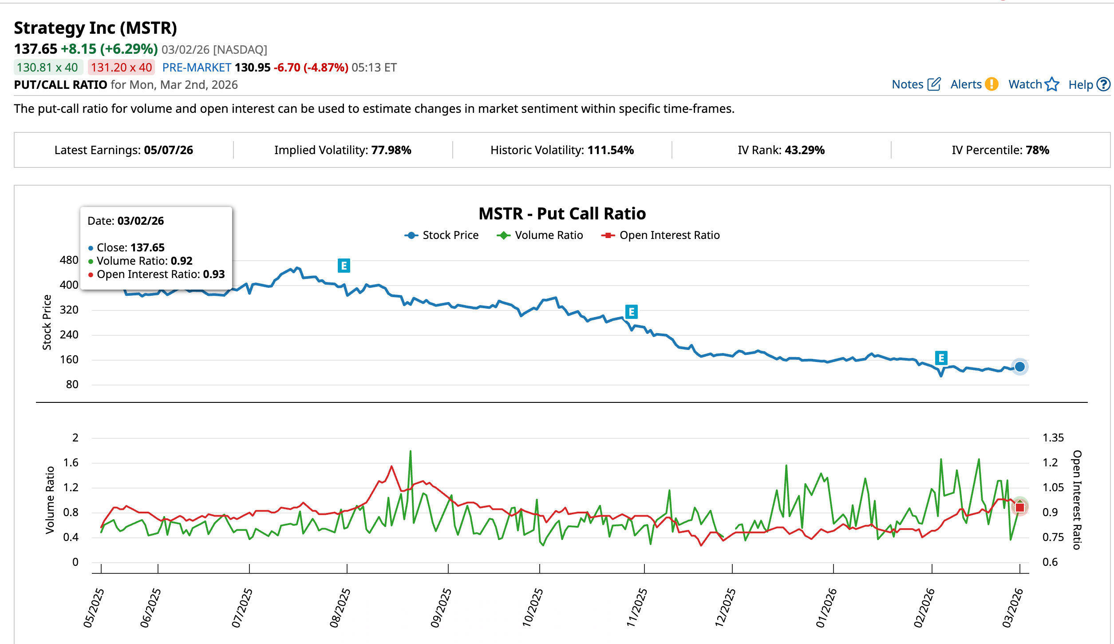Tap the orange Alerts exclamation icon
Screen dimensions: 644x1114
point(991,84)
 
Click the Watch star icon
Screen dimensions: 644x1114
point(1051,84)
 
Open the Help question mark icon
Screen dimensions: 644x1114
point(1103,84)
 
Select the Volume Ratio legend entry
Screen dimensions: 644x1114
point(540,235)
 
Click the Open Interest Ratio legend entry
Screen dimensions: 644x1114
point(660,235)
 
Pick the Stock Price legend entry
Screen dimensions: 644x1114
point(442,235)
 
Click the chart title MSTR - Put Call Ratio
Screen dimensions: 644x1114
point(562,214)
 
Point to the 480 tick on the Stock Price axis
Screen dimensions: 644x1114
point(69,260)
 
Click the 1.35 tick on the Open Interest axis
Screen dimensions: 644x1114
point(1053,438)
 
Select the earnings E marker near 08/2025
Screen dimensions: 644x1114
point(344,266)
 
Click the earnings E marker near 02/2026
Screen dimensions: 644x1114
point(941,358)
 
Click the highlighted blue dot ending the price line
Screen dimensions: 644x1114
point(1019,367)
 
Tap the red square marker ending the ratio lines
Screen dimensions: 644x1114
point(1019,507)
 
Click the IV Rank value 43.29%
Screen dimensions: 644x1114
point(804,150)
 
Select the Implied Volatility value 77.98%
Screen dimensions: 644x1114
point(391,150)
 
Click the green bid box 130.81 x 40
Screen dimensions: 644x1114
point(48,68)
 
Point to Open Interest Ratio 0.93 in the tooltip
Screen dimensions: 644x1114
point(160,274)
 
